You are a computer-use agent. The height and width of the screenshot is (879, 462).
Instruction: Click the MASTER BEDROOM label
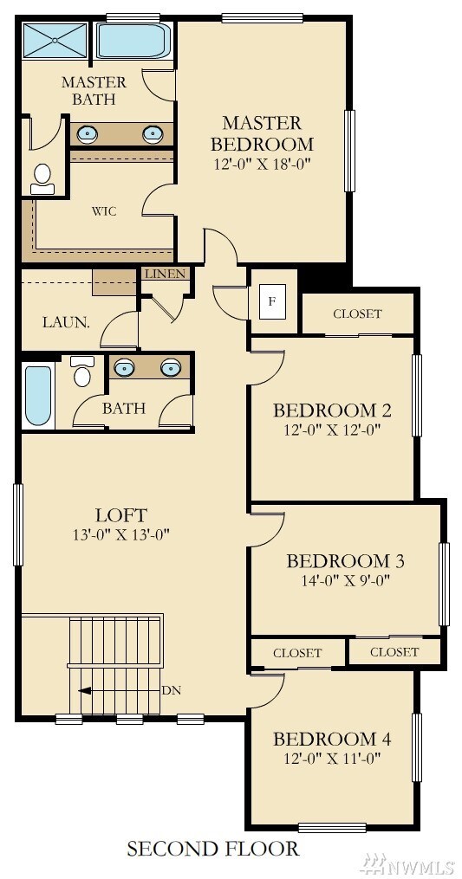(x=262, y=133)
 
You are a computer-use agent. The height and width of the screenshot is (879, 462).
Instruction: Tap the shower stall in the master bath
(x=54, y=40)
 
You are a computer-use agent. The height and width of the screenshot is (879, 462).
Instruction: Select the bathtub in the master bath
(x=135, y=41)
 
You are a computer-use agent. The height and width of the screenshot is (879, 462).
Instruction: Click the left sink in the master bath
(x=88, y=133)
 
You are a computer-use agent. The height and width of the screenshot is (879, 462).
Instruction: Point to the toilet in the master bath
(x=41, y=178)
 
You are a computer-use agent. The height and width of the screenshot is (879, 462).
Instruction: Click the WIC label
(x=104, y=211)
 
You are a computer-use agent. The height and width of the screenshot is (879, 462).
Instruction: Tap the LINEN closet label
(x=165, y=275)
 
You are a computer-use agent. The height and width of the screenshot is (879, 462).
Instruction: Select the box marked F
(x=272, y=301)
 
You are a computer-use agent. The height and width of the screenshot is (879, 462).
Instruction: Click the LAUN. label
(x=66, y=322)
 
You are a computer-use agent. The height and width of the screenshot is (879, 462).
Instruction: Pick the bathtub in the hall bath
(x=37, y=397)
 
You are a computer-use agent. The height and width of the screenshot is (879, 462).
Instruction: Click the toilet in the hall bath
(x=82, y=372)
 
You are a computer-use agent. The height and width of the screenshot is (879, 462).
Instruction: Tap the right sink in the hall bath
(x=172, y=367)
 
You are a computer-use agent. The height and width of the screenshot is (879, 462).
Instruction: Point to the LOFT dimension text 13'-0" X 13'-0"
(x=121, y=534)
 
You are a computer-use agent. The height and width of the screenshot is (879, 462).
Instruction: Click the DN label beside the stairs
(x=195, y=690)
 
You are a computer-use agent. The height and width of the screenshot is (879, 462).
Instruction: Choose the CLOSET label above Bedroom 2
(x=357, y=313)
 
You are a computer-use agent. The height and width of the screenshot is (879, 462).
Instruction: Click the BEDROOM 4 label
(x=332, y=739)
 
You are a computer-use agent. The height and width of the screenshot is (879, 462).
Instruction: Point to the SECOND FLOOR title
(x=213, y=849)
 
